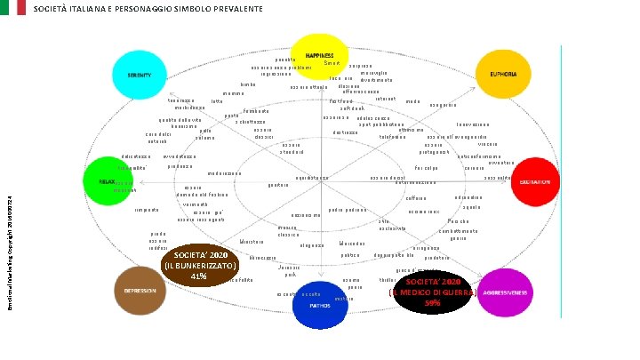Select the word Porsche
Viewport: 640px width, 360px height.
pos(459,220)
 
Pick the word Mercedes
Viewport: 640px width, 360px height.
pos(352,243)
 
